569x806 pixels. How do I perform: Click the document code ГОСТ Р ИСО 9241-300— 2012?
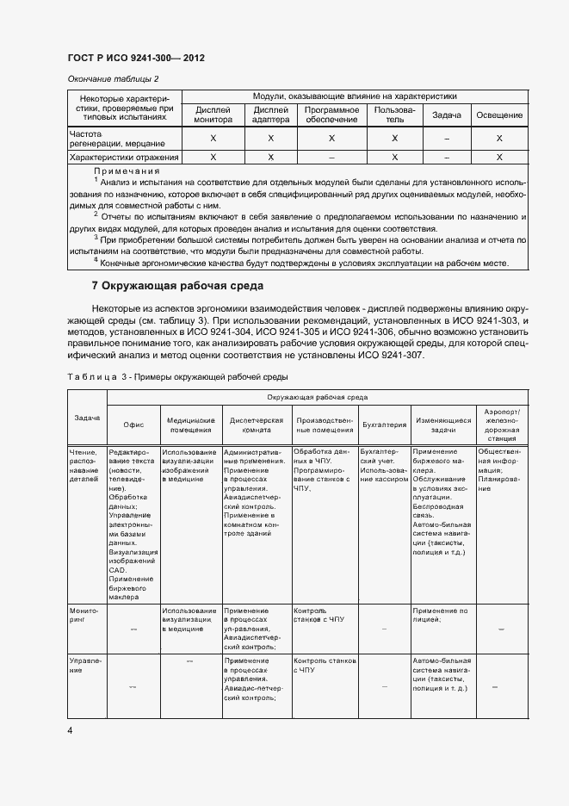click(136, 59)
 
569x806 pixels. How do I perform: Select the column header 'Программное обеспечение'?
click(331, 115)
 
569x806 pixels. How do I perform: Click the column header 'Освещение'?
click(499, 115)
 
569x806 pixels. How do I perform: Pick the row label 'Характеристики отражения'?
click(124, 158)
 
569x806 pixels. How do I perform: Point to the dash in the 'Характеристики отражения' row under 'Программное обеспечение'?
click(331, 158)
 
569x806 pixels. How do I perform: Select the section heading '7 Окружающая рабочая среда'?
click(177, 285)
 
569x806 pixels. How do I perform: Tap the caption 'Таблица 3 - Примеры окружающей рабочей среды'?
click(177, 376)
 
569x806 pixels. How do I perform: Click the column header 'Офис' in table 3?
click(133, 425)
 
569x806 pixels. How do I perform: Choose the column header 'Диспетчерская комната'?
click(256, 424)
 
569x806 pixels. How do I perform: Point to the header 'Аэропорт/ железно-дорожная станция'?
click(501, 425)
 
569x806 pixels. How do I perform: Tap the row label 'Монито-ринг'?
click(84, 615)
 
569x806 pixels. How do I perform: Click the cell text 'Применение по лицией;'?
click(440, 615)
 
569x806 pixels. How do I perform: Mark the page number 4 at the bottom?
click(71, 730)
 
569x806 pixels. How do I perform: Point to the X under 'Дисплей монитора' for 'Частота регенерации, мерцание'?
click(213, 138)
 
